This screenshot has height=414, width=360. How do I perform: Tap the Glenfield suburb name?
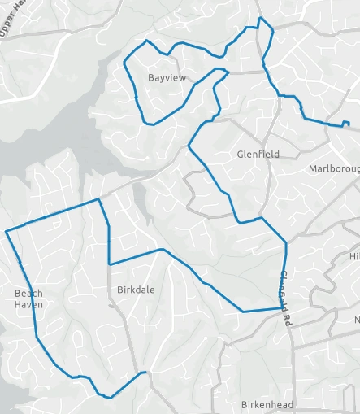tap(258, 154)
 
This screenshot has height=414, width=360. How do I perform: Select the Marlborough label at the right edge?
tap(334, 169)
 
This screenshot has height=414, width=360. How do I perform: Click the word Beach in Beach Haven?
tap(28, 294)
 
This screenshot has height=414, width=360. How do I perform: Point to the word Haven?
tap(28, 305)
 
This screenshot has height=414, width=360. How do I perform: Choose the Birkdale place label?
tap(136, 290)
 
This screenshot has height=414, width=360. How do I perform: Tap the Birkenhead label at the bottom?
tap(267, 404)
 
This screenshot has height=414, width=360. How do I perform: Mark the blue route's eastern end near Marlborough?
tap(348, 124)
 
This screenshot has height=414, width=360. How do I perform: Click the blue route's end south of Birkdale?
tap(149, 373)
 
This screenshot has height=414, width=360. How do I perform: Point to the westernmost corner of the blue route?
tap(7, 232)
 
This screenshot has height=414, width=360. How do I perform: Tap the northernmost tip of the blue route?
tap(259, 17)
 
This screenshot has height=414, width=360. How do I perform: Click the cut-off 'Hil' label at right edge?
tap(354, 256)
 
